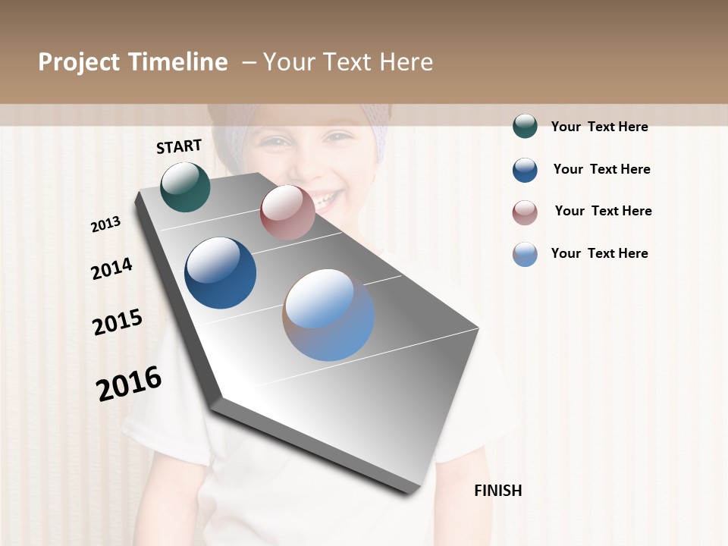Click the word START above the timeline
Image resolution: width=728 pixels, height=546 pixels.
179,146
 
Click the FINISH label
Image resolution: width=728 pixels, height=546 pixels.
498,491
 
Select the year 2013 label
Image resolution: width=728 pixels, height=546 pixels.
106,224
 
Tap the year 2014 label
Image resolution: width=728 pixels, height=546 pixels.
111,268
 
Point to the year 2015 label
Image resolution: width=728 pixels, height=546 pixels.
118,322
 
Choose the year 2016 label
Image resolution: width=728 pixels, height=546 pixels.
129,384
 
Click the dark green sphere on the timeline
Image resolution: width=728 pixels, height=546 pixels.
185,187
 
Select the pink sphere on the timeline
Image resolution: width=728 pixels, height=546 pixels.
287,212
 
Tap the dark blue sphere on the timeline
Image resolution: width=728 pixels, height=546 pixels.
221,273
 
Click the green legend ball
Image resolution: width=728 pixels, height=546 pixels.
525,126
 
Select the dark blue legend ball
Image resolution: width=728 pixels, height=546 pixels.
525,170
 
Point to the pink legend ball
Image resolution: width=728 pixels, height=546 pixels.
525,212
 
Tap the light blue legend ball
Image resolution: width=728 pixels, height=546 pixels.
525,254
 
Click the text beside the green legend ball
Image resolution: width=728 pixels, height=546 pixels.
599,127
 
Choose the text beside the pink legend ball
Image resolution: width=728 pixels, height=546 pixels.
603,211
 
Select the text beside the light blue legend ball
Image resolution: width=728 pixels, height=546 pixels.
599,253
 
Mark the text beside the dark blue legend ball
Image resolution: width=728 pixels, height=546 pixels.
601,169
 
